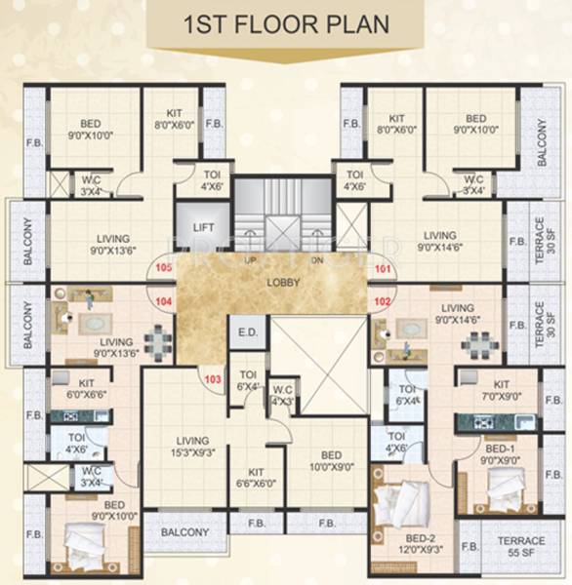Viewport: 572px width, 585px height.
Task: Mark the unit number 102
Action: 382,302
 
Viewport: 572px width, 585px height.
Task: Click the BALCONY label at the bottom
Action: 184,532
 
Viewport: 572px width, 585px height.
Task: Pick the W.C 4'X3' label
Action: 282,396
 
